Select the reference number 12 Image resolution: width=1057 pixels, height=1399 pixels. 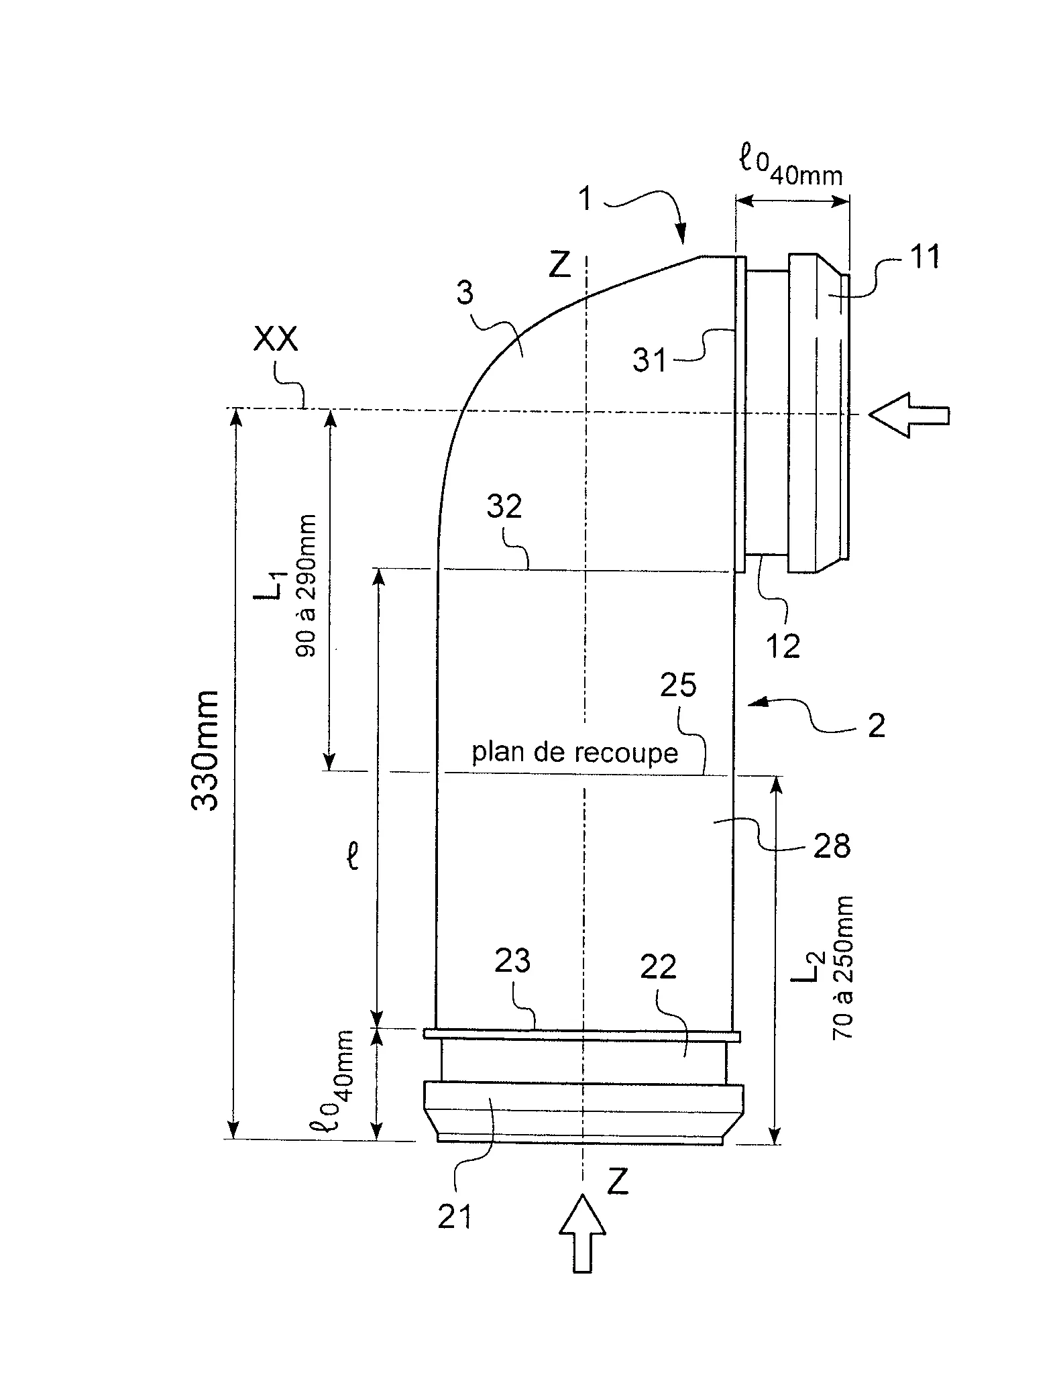tap(783, 646)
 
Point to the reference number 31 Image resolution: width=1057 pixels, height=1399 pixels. tap(650, 361)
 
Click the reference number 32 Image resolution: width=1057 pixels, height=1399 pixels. tap(504, 508)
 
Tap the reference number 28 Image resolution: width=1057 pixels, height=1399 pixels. tap(832, 846)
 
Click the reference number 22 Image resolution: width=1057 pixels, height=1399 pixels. tap(658, 968)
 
